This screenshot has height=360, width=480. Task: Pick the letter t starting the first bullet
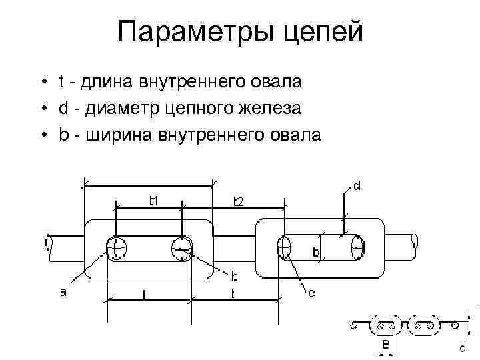[61, 83]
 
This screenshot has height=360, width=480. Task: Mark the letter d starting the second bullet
[63, 109]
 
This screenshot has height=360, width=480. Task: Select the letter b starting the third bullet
[63, 135]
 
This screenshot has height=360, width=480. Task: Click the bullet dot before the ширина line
[43, 135]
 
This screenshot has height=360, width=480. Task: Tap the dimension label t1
[153, 200]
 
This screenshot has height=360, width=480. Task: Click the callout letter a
[63, 291]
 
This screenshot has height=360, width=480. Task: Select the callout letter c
[311, 293]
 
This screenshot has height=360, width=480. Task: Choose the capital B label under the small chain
[386, 345]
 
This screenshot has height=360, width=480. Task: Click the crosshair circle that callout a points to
[116, 249]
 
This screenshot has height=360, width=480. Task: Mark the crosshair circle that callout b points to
[181, 249]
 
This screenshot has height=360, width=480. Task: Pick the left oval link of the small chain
[384, 325]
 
